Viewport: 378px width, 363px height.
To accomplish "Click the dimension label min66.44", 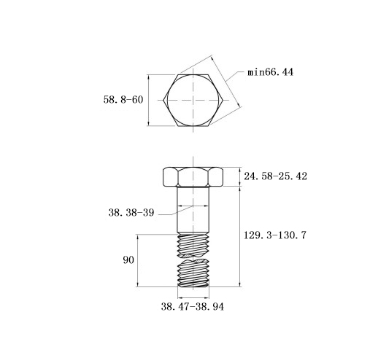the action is [x=270, y=72].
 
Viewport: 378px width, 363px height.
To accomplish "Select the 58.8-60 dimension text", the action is [x=123, y=100].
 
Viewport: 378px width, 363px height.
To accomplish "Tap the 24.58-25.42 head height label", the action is [x=275, y=176].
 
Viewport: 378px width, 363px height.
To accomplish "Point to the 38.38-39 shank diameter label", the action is [x=131, y=213].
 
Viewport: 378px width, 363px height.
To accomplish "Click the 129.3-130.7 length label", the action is [x=275, y=235].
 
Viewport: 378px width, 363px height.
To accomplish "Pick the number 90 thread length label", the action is [x=128, y=260].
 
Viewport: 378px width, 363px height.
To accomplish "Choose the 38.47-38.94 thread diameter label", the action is [x=192, y=307].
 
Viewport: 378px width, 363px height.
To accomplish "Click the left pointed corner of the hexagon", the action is [x=163, y=100].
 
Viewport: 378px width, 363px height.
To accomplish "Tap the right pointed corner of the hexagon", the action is [x=223, y=100].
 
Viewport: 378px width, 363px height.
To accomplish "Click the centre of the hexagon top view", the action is [x=193, y=100].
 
